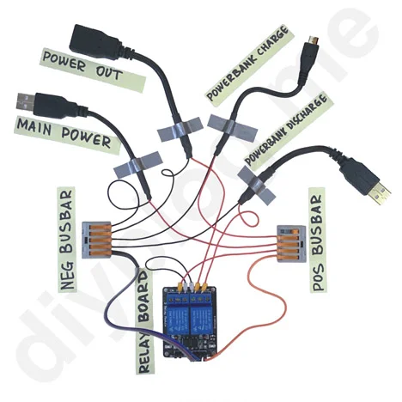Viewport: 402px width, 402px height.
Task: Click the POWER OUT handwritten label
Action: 83,67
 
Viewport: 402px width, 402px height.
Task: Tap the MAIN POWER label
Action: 64,134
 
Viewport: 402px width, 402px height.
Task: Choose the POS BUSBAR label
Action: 317,240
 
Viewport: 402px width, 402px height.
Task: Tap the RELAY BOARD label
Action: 144,320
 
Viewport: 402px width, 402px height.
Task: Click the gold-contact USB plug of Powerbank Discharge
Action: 379,194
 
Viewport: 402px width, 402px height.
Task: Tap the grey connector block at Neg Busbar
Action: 97,240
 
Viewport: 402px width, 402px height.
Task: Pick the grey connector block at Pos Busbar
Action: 291,244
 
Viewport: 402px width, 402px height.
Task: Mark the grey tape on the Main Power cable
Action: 138,165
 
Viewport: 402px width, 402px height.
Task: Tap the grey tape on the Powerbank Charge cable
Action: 231,126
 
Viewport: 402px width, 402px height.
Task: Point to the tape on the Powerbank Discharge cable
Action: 257,186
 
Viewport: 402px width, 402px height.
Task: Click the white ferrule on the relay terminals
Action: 186,287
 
